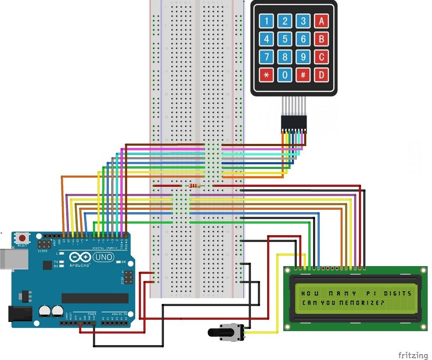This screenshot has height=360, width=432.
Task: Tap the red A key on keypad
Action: (321, 21)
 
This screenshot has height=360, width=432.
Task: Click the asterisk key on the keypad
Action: (267, 75)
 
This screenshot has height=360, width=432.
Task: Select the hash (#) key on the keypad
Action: (303, 75)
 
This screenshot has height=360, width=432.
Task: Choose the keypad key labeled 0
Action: (285, 75)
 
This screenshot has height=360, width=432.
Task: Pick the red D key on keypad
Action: (321, 75)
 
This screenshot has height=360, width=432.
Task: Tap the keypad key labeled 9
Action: (303, 57)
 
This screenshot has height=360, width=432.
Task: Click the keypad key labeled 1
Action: (267, 21)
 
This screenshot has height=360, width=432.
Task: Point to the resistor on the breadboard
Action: (195, 186)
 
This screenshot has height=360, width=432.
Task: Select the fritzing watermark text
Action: (412, 354)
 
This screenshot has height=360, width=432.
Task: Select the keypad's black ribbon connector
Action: (294, 123)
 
